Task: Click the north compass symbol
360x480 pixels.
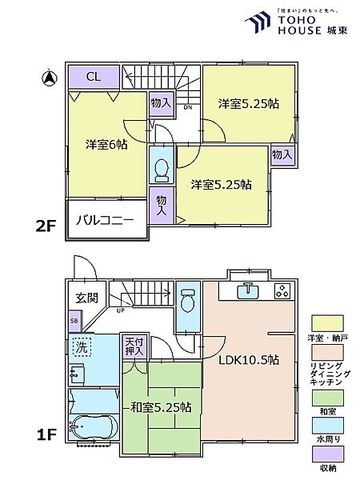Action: pyautogui.click(x=49, y=78)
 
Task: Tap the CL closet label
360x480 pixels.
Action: pyautogui.click(x=92, y=77)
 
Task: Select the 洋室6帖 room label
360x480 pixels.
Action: pyautogui.click(x=106, y=145)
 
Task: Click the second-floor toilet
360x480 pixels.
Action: pyautogui.click(x=160, y=169)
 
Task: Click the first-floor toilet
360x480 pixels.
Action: pyautogui.click(x=187, y=302)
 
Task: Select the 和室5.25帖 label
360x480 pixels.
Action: pyautogui.click(x=159, y=407)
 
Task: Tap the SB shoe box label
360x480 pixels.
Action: pyautogui.click(x=74, y=323)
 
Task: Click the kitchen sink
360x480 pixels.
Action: pyautogui.click(x=249, y=290)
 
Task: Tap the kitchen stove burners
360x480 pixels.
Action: pyautogui.click(x=282, y=290)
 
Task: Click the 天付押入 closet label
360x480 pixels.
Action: pyautogui.click(x=133, y=346)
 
